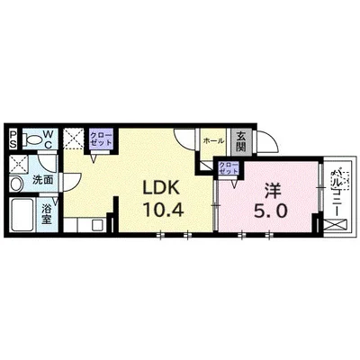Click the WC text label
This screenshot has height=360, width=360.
coord(50,140)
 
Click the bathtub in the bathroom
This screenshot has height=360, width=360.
coord(22,216)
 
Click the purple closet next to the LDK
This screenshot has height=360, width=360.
coord(99,140)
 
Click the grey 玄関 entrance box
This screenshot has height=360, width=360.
coord(241,141)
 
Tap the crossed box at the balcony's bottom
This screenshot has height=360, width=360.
coord(336,225)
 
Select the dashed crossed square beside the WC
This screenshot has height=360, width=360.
coord(74,140)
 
